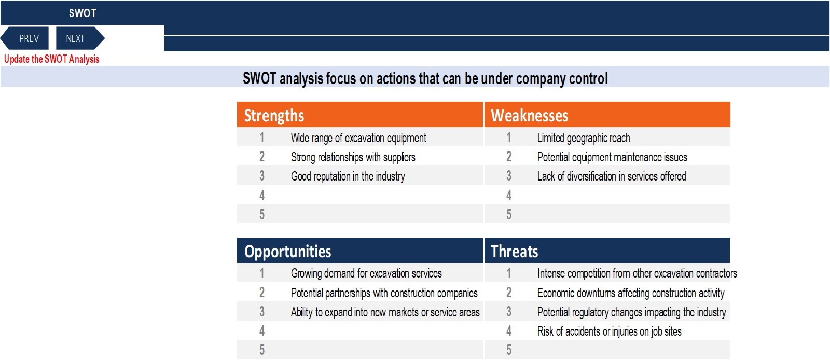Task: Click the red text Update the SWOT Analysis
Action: click(51, 59)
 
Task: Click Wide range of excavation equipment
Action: click(358, 138)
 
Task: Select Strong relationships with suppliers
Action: click(353, 157)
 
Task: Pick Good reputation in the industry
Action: click(348, 176)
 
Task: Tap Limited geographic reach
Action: click(584, 138)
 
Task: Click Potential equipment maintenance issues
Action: click(612, 157)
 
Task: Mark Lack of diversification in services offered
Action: click(612, 176)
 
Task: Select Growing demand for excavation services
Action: click(366, 273)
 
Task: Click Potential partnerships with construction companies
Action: click(384, 293)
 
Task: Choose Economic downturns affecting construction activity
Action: click(631, 293)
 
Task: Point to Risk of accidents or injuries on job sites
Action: click(609, 331)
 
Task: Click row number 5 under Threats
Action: click(509, 350)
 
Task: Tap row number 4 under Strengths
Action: click(262, 195)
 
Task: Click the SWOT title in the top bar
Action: click(82, 13)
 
